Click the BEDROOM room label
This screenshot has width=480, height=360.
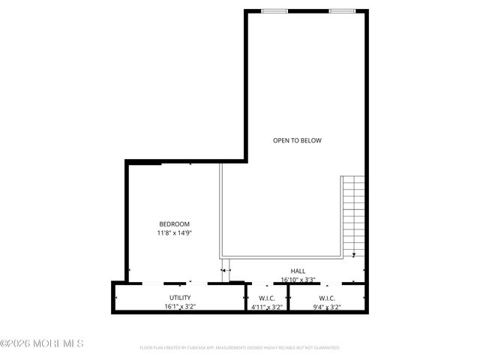pos(174,224)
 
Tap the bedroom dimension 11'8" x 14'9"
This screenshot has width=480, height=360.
pos(174,233)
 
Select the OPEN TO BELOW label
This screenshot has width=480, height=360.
pos(297,140)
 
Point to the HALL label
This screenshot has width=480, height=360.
pos(298,271)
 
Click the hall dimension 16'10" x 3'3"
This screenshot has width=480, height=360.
pos(298,280)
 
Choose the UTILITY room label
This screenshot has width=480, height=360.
pos(180,298)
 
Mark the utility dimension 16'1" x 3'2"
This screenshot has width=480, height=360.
pos(180,307)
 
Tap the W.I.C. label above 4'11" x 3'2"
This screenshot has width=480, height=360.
pos(266,298)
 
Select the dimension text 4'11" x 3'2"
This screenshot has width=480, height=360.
pos(266,307)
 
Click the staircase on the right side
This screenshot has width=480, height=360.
pos(352,214)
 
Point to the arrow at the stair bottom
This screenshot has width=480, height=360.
pos(354,255)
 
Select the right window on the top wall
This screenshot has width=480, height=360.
pos(342,11)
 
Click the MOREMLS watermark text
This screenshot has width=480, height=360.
pos(43,343)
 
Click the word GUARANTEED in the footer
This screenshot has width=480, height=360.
pos(325,348)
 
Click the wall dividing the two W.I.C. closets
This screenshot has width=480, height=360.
pos(289,298)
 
